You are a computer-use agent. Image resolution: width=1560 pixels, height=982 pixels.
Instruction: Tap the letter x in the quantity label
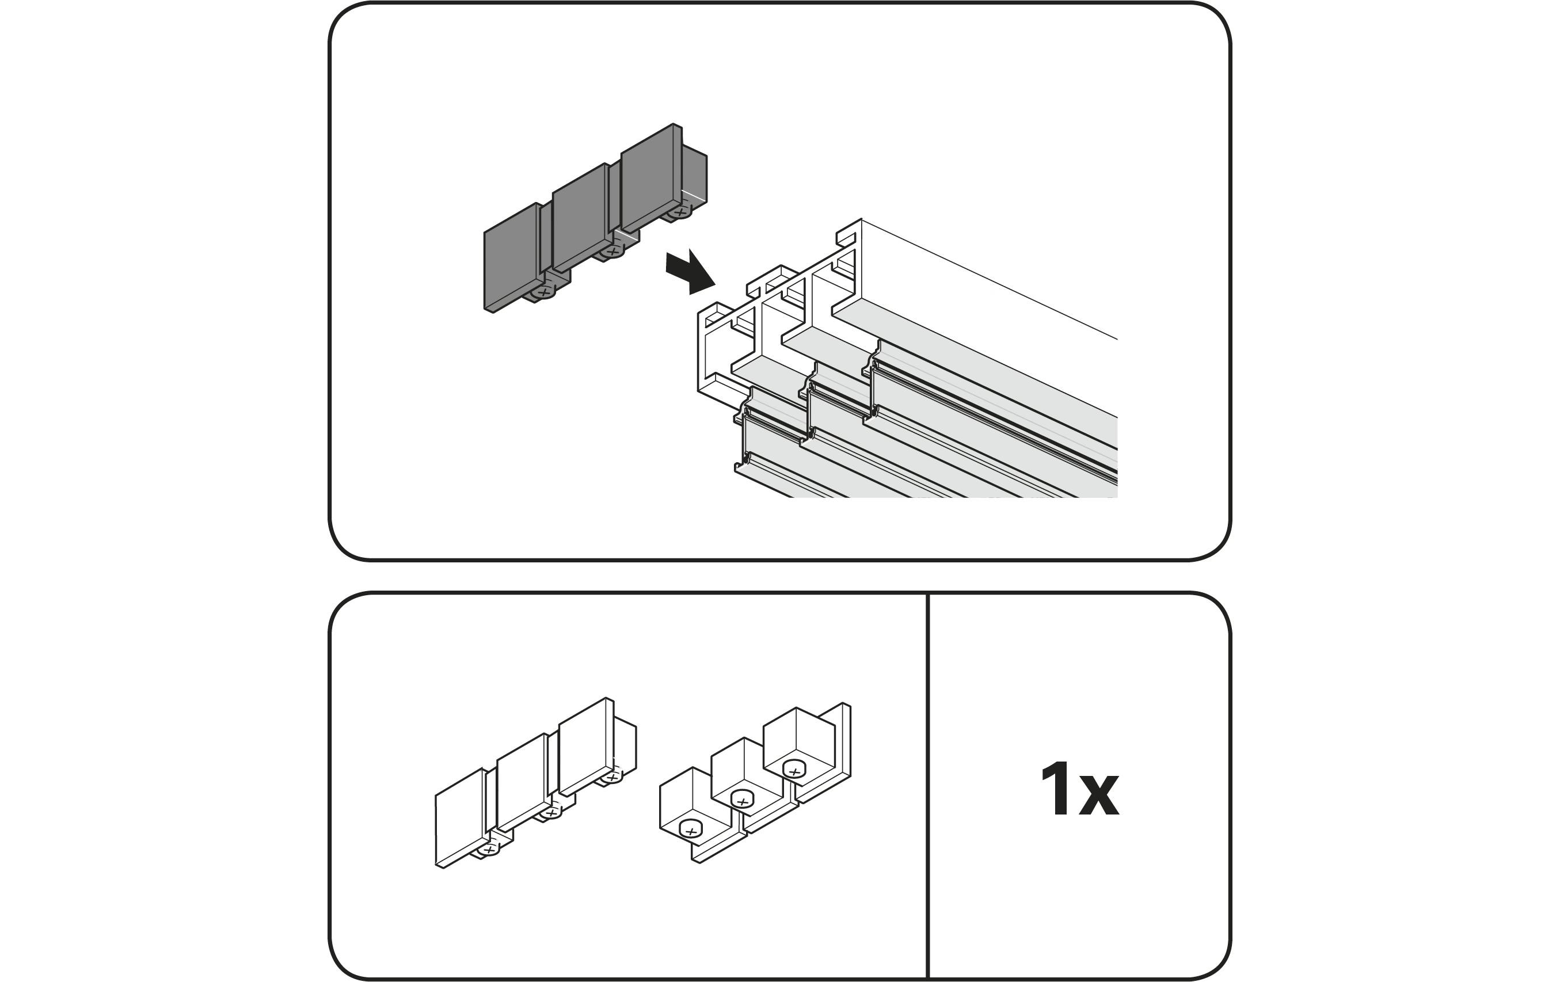1099,796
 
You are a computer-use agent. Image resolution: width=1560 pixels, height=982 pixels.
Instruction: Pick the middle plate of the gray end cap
579,218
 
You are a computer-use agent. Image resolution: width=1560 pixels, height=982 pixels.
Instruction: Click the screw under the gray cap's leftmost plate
543,294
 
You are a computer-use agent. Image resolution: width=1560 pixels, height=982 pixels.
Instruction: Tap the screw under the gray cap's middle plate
610,252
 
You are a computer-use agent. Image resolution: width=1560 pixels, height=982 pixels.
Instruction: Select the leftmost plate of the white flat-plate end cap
459,817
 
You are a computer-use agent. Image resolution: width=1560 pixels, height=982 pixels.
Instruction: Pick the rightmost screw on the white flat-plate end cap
611,776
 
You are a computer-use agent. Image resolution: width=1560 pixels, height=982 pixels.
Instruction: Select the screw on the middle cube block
743,800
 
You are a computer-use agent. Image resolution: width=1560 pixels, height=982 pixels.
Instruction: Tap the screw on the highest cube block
794,770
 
